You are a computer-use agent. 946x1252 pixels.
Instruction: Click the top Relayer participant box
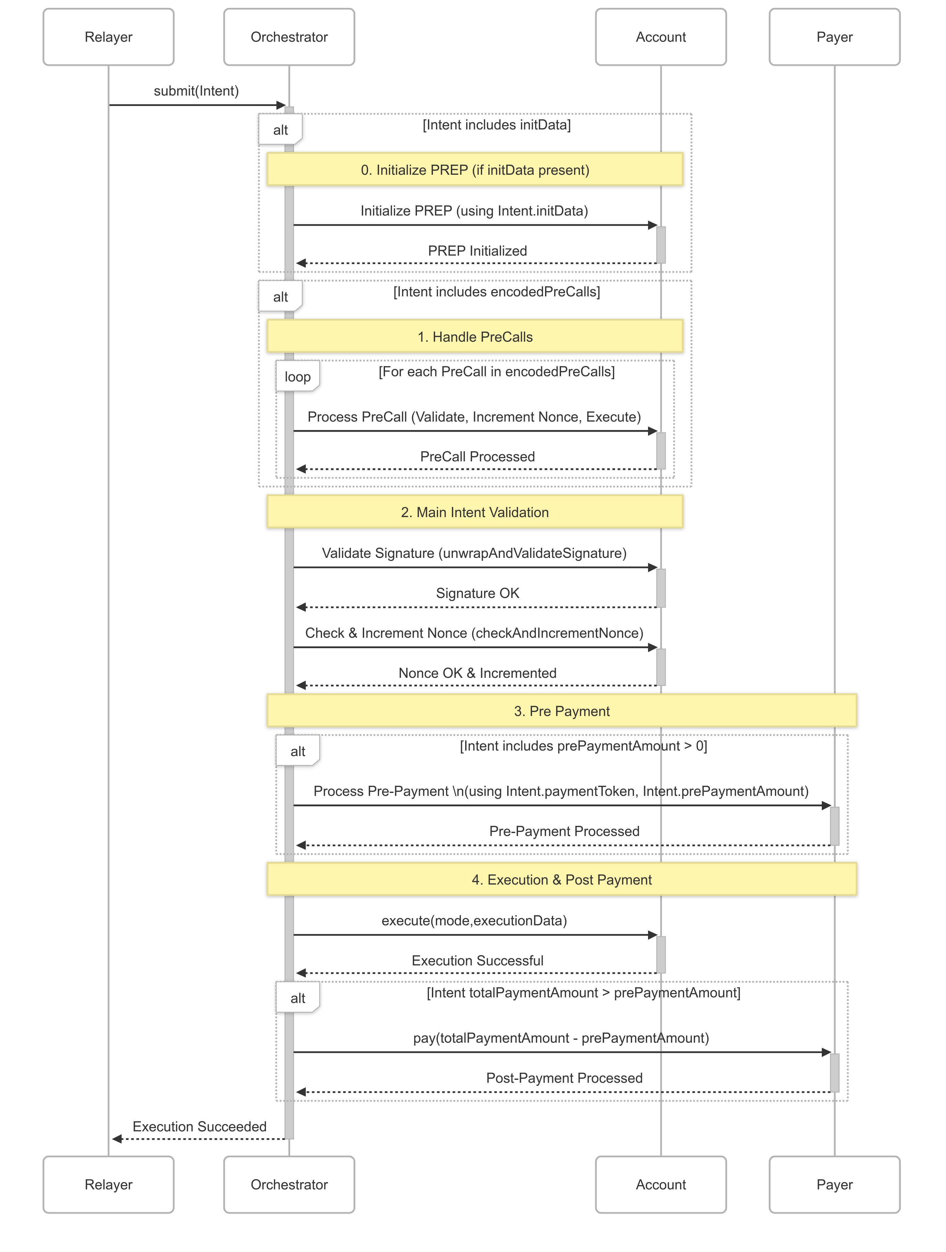point(108,37)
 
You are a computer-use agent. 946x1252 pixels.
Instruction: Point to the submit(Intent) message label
point(196,91)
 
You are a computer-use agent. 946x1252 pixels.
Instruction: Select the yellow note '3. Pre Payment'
point(561,711)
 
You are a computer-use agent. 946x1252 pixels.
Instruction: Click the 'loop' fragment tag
point(297,376)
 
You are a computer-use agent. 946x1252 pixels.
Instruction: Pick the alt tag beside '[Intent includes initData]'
point(280,130)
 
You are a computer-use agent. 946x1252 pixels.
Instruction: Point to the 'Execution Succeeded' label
point(199,1126)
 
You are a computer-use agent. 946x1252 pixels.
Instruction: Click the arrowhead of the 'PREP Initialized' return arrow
point(301,263)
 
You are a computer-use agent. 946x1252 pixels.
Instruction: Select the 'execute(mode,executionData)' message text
point(474,920)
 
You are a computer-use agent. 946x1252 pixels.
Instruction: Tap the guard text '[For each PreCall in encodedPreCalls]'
point(496,371)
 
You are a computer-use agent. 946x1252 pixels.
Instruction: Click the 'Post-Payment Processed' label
point(564,1078)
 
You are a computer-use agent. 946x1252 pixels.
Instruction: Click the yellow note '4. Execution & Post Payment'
point(561,880)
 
